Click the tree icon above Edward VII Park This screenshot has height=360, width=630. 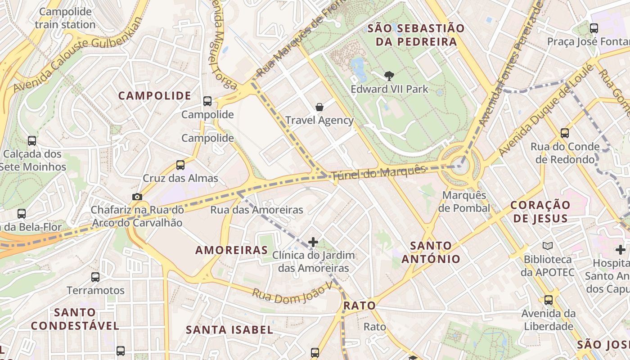(x=389, y=76)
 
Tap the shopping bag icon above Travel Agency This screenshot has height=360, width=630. (x=319, y=107)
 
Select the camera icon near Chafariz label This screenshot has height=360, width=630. (x=137, y=197)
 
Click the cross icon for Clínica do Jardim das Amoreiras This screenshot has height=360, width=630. (x=313, y=243)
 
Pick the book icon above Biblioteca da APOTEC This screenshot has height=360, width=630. (x=547, y=246)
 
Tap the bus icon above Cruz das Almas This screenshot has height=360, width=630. (x=180, y=165)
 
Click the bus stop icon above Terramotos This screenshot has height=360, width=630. (x=95, y=277)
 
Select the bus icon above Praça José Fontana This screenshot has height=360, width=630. (x=594, y=28)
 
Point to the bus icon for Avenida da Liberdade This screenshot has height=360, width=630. (x=548, y=300)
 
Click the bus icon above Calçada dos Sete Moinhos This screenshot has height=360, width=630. (x=32, y=141)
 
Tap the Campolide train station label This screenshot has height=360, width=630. (x=65, y=18)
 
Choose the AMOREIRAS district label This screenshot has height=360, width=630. (x=231, y=250)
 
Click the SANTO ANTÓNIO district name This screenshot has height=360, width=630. (x=431, y=252)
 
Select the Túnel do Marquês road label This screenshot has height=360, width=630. (x=378, y=173)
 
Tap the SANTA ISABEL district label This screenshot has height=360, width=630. (x=229, y=330)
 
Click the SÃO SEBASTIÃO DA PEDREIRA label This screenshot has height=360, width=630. (x=416, y=35)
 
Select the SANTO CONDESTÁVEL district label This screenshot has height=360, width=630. (x=75, y=319)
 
